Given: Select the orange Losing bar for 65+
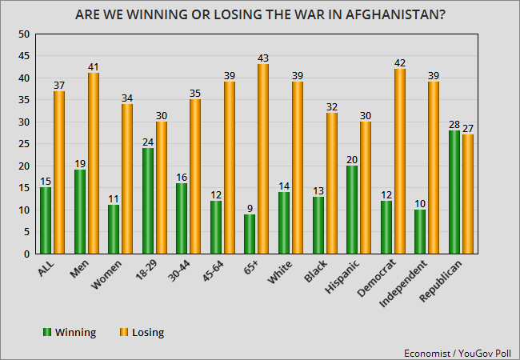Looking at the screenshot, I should point(262,160).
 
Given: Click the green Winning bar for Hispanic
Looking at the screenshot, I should point(352,210).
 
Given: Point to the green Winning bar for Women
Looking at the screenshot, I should point(114,230).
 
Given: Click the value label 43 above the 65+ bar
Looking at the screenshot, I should point(262,58).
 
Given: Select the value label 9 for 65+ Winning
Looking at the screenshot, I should point(250,208).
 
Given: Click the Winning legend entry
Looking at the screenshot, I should point(73,331).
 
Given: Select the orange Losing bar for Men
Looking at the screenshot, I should point(92,164).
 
